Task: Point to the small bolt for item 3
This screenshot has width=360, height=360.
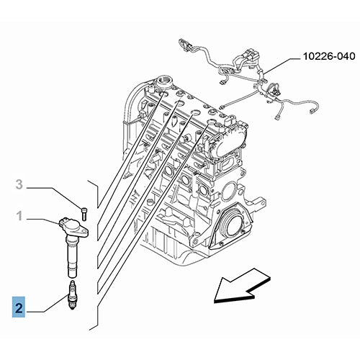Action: [x=84, y=212]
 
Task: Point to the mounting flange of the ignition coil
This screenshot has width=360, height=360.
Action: [x=81, y=229]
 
